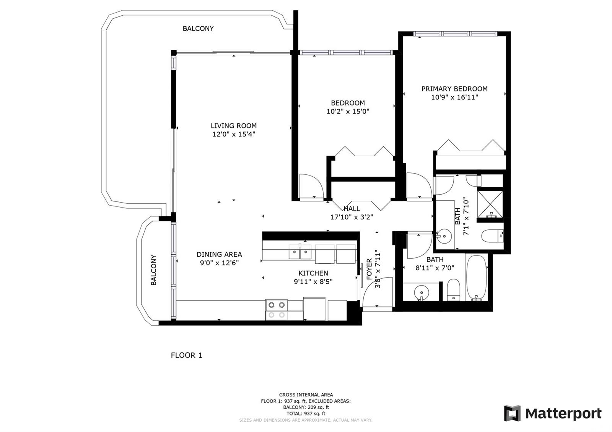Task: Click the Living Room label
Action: tap(234, 126)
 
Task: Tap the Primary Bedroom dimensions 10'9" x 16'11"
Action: tap(455, 97)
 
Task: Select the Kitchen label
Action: tap(313, 273)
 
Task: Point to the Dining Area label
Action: tap(219, 254)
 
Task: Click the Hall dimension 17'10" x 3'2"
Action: tap(352, 217)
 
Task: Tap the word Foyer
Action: tap(369, 269)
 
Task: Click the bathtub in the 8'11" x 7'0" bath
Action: tap(477, 278)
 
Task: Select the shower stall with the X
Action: tap(490, 204)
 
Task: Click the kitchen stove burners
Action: tap(277, 310)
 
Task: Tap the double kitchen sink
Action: tap(300, 252)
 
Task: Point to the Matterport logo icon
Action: tap(512, 413)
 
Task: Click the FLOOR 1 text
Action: tap(186, 355)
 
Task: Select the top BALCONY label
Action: tap(198, 28)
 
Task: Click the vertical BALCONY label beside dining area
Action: tap(154, 270)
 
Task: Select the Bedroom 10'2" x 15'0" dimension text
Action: tap(348, 111)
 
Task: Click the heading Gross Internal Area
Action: tap(306, 395)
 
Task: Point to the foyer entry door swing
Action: tap(377, 292)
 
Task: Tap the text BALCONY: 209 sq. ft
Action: tap(306, 407)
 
